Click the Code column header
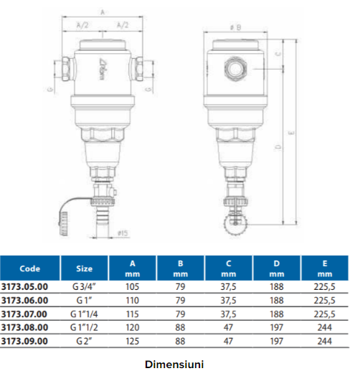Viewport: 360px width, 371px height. pos(29,268)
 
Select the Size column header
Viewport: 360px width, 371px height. pos(84,268)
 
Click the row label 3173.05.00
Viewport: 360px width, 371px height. pos(24,286)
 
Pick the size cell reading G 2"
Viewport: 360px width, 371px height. pos(84,341)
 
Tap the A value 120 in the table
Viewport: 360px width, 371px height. pos(133,327)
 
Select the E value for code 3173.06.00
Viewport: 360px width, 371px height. pos(324,300)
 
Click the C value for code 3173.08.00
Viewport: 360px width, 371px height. pos(228,327)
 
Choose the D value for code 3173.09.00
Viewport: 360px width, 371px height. pos(277,341)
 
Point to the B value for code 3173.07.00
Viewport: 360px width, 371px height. pos(180,314)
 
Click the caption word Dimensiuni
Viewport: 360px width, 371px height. pos(174,365)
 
